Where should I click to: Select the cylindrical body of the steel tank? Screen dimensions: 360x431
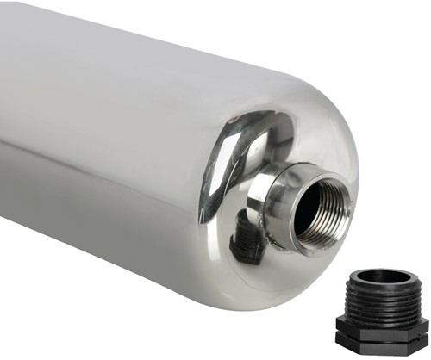coord(95,146)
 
